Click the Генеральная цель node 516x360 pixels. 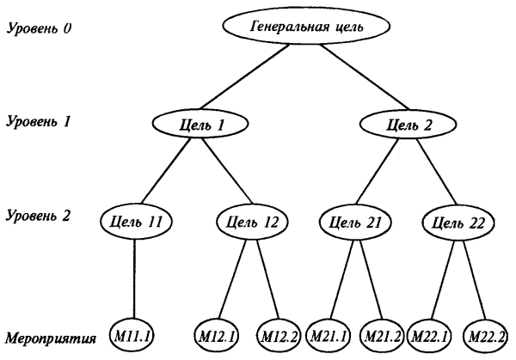click(306, 27)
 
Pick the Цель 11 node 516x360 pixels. click(135, 222)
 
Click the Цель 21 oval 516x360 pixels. click(352, 223)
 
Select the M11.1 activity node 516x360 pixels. click(133, 333)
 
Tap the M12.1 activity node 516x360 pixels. click(220, 333)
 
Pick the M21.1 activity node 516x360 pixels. click(331, 333)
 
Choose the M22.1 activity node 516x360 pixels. click(433, 333)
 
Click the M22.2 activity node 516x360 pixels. click(487, 333)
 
